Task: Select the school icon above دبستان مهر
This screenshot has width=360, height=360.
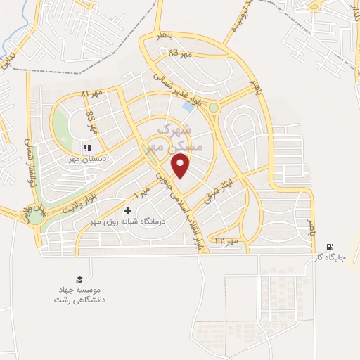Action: pyautogui.click(x=89, y=147)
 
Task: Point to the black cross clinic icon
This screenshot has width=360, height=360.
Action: pyautogui.click(x=127, y=210)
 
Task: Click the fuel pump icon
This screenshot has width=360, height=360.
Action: pyautogui.click(x=330, y=246)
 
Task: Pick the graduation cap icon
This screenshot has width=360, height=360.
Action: pyautogui.click(x=79, y=278)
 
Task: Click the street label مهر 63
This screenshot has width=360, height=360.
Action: pyautogui.click(x=180, y=54)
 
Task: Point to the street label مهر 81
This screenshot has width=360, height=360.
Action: pyautogui.click(x=92, y=94)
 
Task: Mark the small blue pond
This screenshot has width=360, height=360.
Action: pyautogui.click(x=188, y=107)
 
